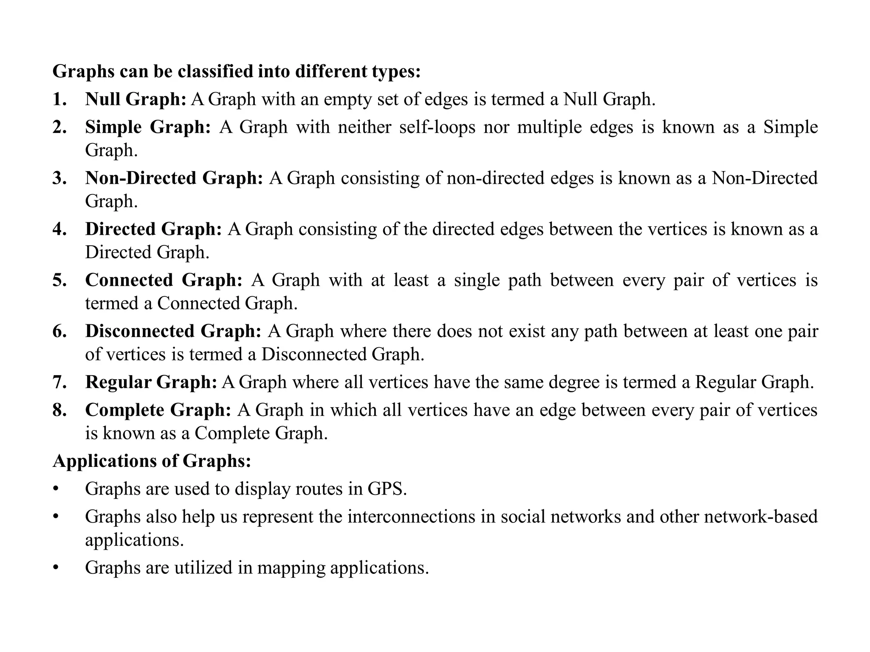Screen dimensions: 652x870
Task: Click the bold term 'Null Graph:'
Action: [136, 99]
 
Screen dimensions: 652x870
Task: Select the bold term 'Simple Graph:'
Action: [148, 127]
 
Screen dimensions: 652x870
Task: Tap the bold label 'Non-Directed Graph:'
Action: [174, 178]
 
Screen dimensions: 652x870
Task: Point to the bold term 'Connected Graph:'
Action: [164, 280]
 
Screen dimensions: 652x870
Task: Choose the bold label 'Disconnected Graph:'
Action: [173, 331]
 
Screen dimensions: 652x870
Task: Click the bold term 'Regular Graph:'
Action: [151, 382]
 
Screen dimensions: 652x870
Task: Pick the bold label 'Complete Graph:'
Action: [158, 410]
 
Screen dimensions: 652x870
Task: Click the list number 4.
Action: [59, 229]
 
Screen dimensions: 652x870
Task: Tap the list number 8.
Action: [59, 410]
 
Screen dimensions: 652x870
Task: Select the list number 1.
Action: [59, 99]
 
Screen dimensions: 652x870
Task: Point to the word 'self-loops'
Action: [437, 127]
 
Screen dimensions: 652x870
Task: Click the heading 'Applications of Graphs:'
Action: [152, 461]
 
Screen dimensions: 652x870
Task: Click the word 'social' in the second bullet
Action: [523, 517]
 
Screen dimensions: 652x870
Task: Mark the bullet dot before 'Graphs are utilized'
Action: [55, 568]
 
